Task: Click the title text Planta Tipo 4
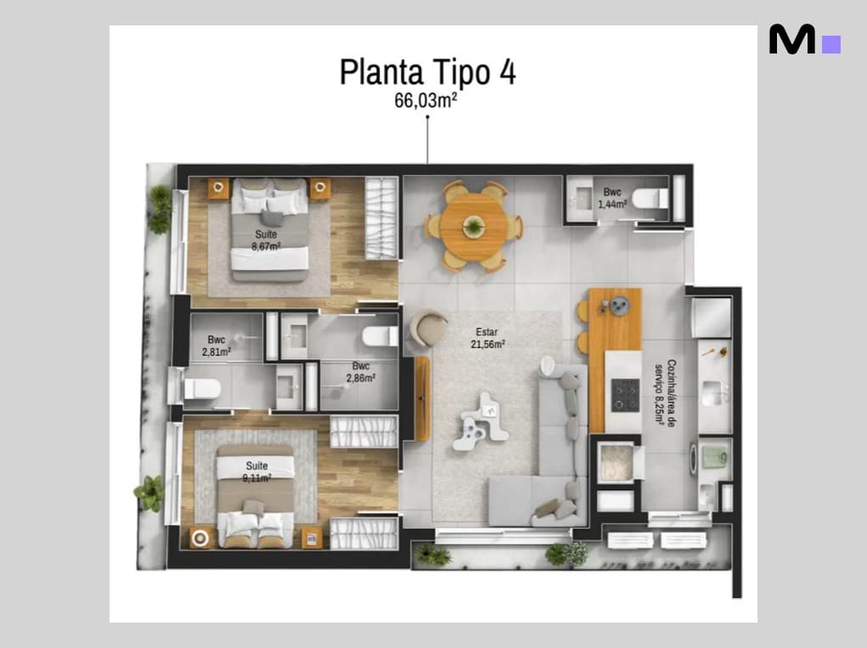[427, 72]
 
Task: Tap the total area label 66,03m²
[425, 100]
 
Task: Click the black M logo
[791, 39]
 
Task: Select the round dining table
[473, 225]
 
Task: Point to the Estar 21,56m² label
[487, 338]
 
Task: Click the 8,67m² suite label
[266, 240]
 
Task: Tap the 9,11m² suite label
[256, 471]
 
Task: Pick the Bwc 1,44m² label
[612, 198]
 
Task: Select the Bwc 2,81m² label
[217, 346]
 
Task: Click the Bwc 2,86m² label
[361, 371]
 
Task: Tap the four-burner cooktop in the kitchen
[625, 395]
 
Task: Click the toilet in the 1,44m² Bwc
[650, 199]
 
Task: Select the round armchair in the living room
[429, 329]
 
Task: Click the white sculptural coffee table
[480, 421]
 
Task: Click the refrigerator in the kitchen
[711, 318]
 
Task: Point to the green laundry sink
[714, 457]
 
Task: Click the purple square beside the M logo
[831, 45]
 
